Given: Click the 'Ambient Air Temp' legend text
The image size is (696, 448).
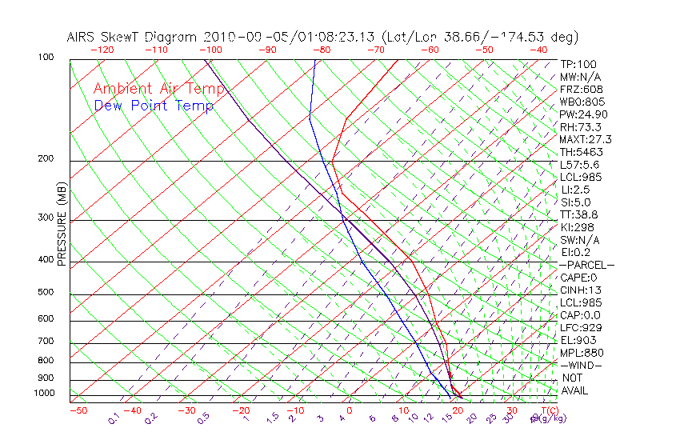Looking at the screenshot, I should pyautogui.click(x=158, y=89).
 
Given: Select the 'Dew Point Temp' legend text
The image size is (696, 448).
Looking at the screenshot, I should pyautogui.click(x=154, y=106).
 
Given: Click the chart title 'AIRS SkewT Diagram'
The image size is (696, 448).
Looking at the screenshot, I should pyautogui.click(x=133, y=37).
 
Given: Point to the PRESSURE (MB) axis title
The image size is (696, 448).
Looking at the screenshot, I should pyautogui.click(x=62, y=224).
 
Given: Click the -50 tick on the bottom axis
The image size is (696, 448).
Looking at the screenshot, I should pyautogui.click(x=78, y=410).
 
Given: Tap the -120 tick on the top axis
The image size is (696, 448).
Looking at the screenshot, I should pyautogui.click(x=102, y=50).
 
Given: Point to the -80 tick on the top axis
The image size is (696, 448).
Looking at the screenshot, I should pyautogui.click(x=322, y=50).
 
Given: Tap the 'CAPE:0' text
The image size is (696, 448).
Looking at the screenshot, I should pyautogui.click(x=578, y=278).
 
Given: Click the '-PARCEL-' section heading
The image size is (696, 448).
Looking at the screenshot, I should pyautogui.click(x=586, y=265).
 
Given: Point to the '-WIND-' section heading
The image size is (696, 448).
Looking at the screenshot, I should pyautogui.click(x=581, y=365).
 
